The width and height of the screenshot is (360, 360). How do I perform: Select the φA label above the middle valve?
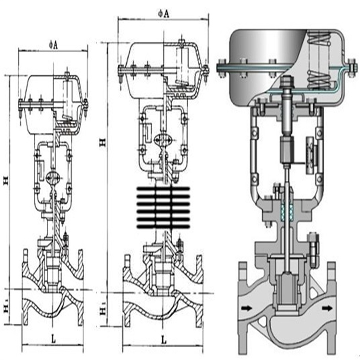pyautogui.click(x=163, y=14)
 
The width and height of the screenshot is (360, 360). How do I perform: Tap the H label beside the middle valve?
pyautogui.click(x=103, y=142)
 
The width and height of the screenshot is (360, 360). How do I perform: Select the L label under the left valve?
pyautogui.click(x=53, y=339)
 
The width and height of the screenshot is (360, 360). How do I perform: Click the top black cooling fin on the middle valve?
pyautogui.click(x=163, y=189)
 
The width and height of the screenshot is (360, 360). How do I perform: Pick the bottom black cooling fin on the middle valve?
pyautogui.click(x=163, y=226)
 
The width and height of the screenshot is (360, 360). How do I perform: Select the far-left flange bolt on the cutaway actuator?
pyautogui.click(x=221, y=65)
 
